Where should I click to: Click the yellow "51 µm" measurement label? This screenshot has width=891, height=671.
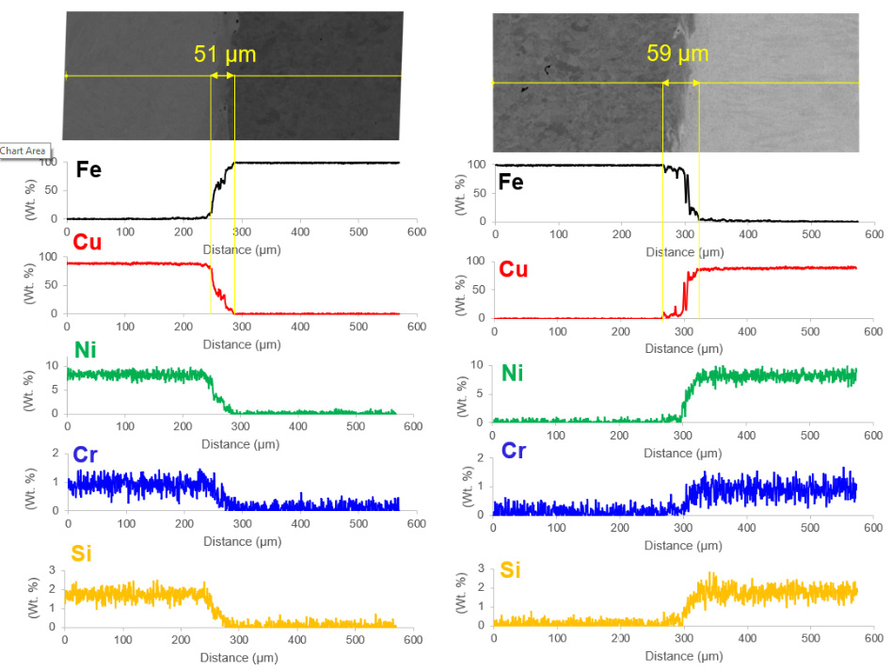coord(225,54)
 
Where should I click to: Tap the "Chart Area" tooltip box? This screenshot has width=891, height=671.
coord(23,151)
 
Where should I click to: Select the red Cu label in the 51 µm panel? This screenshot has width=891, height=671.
coord(87,243)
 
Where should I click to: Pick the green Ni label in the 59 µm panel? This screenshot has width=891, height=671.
coord(512,374)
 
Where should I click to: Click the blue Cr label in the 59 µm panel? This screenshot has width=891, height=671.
coord(514,451)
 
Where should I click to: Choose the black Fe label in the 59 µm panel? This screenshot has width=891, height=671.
coord(511,181)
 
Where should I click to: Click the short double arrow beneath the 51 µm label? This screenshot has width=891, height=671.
coord(222,76)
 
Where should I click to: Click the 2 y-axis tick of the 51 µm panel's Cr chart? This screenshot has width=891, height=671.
coord(53,454)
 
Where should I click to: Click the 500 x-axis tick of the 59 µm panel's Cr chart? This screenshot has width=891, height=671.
coord(810,529)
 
